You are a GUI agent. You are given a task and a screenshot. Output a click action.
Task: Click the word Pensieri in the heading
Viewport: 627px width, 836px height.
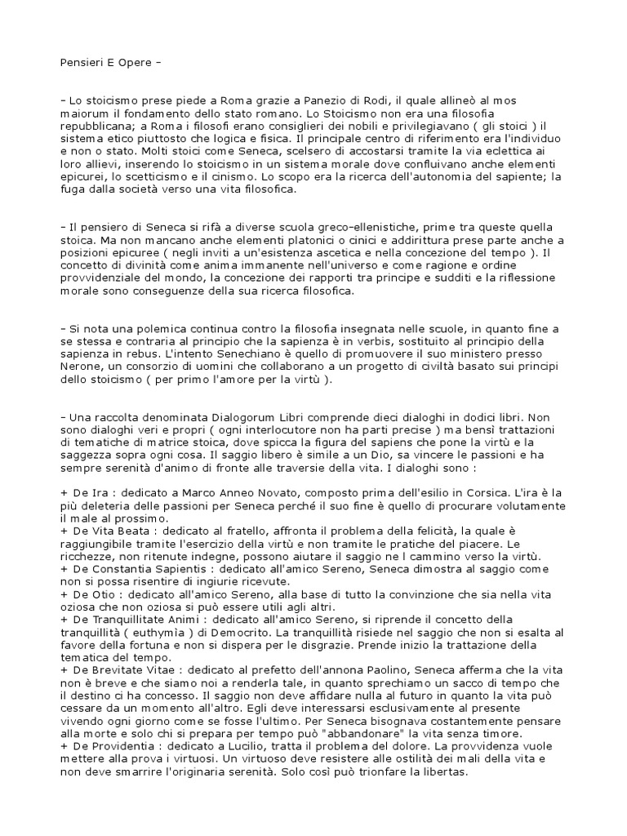tap(82, 61)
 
